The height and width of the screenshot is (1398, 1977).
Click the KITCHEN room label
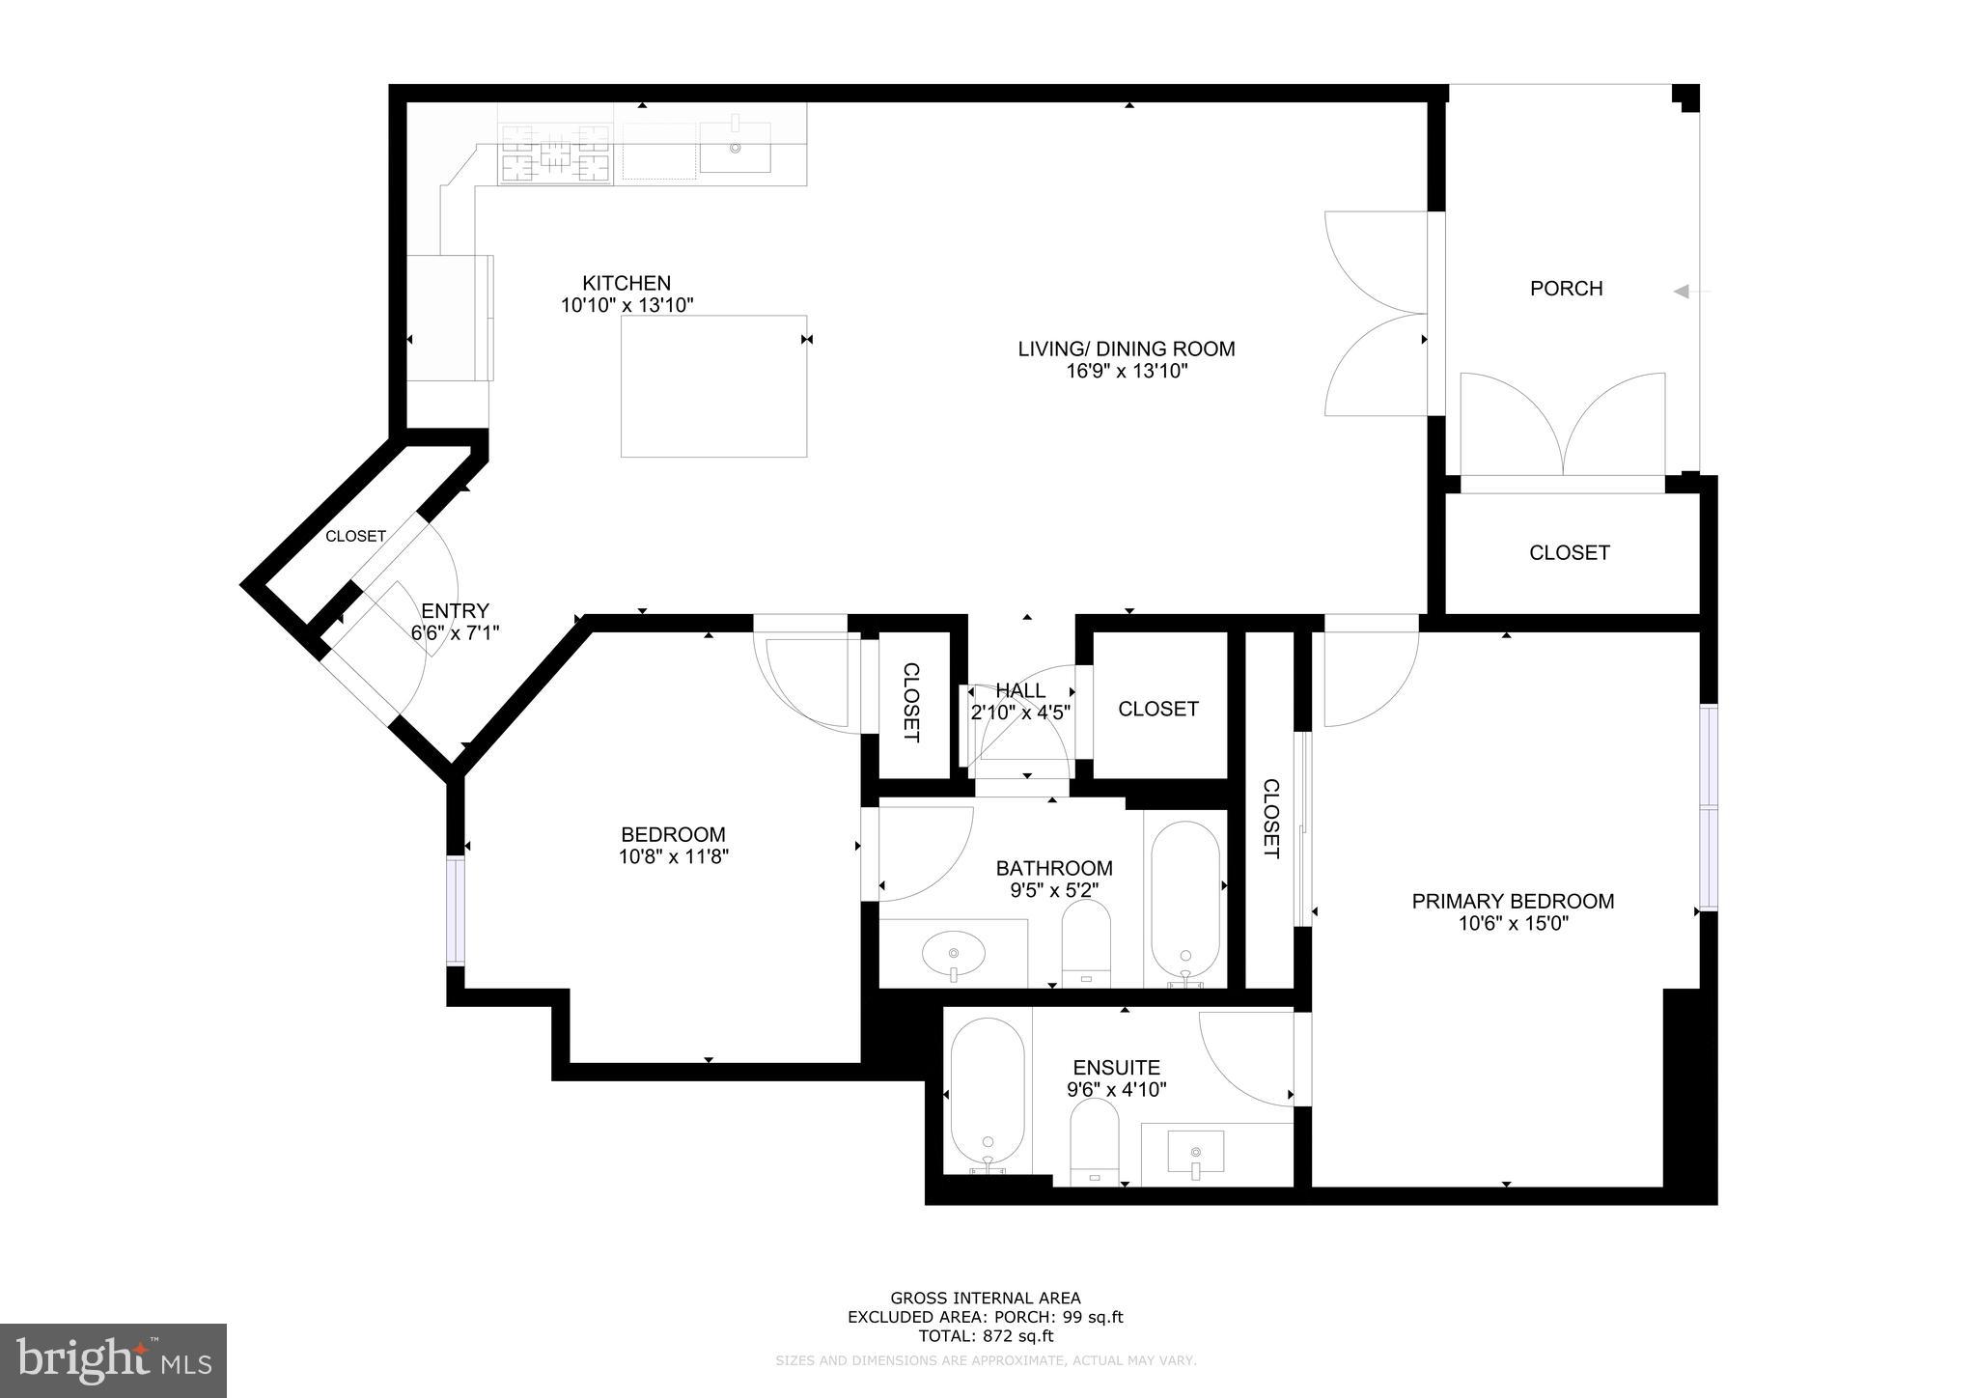click(x=627, y=284)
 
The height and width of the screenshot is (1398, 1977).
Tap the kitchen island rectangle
click(x=713, y=386)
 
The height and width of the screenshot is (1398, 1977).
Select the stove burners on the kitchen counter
click(x=555, y=154)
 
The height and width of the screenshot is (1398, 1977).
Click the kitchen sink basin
click(x=735, y=147)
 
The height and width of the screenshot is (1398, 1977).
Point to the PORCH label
click(x=1566, y=289)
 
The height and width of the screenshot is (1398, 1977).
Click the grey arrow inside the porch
click(x=1682, y=291)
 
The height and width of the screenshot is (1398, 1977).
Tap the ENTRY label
click(x=455, y=611)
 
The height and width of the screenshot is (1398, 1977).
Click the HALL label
click(x=1020, y=691)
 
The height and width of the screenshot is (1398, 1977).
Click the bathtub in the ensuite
click(x=987, y=1095)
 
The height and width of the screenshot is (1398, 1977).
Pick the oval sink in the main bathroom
click(x=953, y=955)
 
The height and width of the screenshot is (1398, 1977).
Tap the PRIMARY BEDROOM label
click(x=1513, y=902)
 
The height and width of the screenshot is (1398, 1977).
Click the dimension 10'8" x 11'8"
click(x=673, y=856)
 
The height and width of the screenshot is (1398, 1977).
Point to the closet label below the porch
click(x=1569, y=553)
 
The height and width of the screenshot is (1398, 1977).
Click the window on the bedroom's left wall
click(x=456, y=910)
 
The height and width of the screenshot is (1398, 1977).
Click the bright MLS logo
click(x=114, y=1360)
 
